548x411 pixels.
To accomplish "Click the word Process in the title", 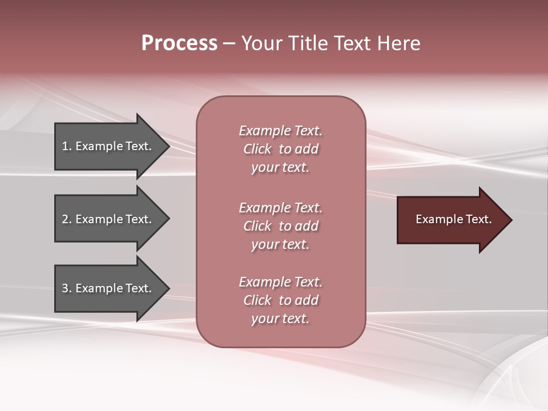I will click(179, 43).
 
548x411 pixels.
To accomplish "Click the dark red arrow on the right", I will click(451, 220).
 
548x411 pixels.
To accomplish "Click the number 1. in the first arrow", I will click(67, 146).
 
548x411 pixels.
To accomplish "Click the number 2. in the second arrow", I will click(67, 219).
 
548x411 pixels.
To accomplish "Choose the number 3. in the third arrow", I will click(67, 288).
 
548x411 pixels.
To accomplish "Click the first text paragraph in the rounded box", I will click(280, 149).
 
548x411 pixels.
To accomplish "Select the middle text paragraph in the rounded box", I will click(280, 226).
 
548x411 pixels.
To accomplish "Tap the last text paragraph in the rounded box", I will click(280, 300).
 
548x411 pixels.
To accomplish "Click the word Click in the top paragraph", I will click(257, 149).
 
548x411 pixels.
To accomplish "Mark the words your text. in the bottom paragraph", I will click(280, 319).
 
